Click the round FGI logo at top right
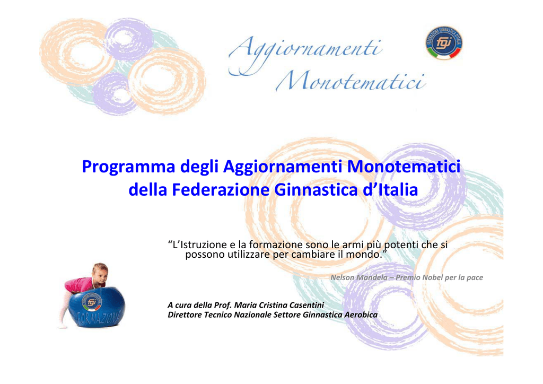pyautogui.click(x=444, y=43)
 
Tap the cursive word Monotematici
pyautogui.click(x=351, y=81)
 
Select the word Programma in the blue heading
pyautogui.click(x=128, y=167)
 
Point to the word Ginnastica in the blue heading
pyautogui.click(x=316, y=190)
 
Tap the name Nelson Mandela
pyautogui.click(x=359, y=277)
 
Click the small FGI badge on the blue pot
pyautogui.click(x=91, y=302)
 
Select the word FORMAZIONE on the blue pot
pyautogui.click(x=99, y=318)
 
